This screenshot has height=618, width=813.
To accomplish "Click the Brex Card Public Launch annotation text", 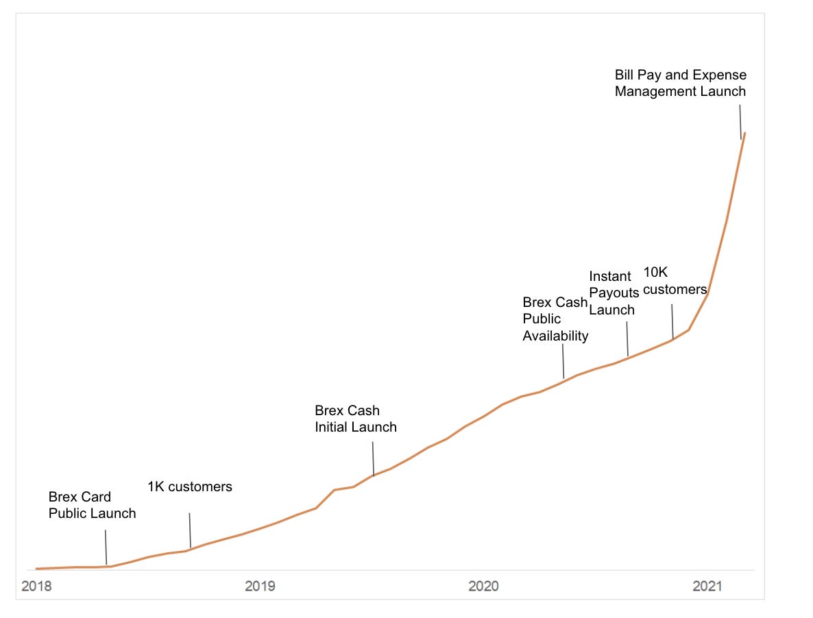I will click(x=92, y=505).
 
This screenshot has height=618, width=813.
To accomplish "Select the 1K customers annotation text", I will click(x=190, y=487).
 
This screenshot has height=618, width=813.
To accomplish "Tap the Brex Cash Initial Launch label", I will click(x=355, y=419).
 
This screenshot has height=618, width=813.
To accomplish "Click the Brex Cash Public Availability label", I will click(x=555, y=319).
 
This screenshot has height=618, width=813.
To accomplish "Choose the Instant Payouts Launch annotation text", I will click(x=614, y=293).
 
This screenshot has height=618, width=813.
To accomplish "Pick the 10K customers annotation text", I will click(x=675, y=281).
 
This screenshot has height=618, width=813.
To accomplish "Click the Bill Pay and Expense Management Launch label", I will click(x=680, y=83).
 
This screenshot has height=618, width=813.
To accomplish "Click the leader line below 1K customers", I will click(x=190, y=530).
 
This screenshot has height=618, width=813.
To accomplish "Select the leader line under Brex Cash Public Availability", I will click(x=563, y=361).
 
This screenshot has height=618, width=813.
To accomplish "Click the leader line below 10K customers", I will click(x=672, y=321).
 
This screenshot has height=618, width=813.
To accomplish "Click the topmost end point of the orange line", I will click(x=745, y=133).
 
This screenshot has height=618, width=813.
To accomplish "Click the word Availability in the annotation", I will click(x=555, y=336).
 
